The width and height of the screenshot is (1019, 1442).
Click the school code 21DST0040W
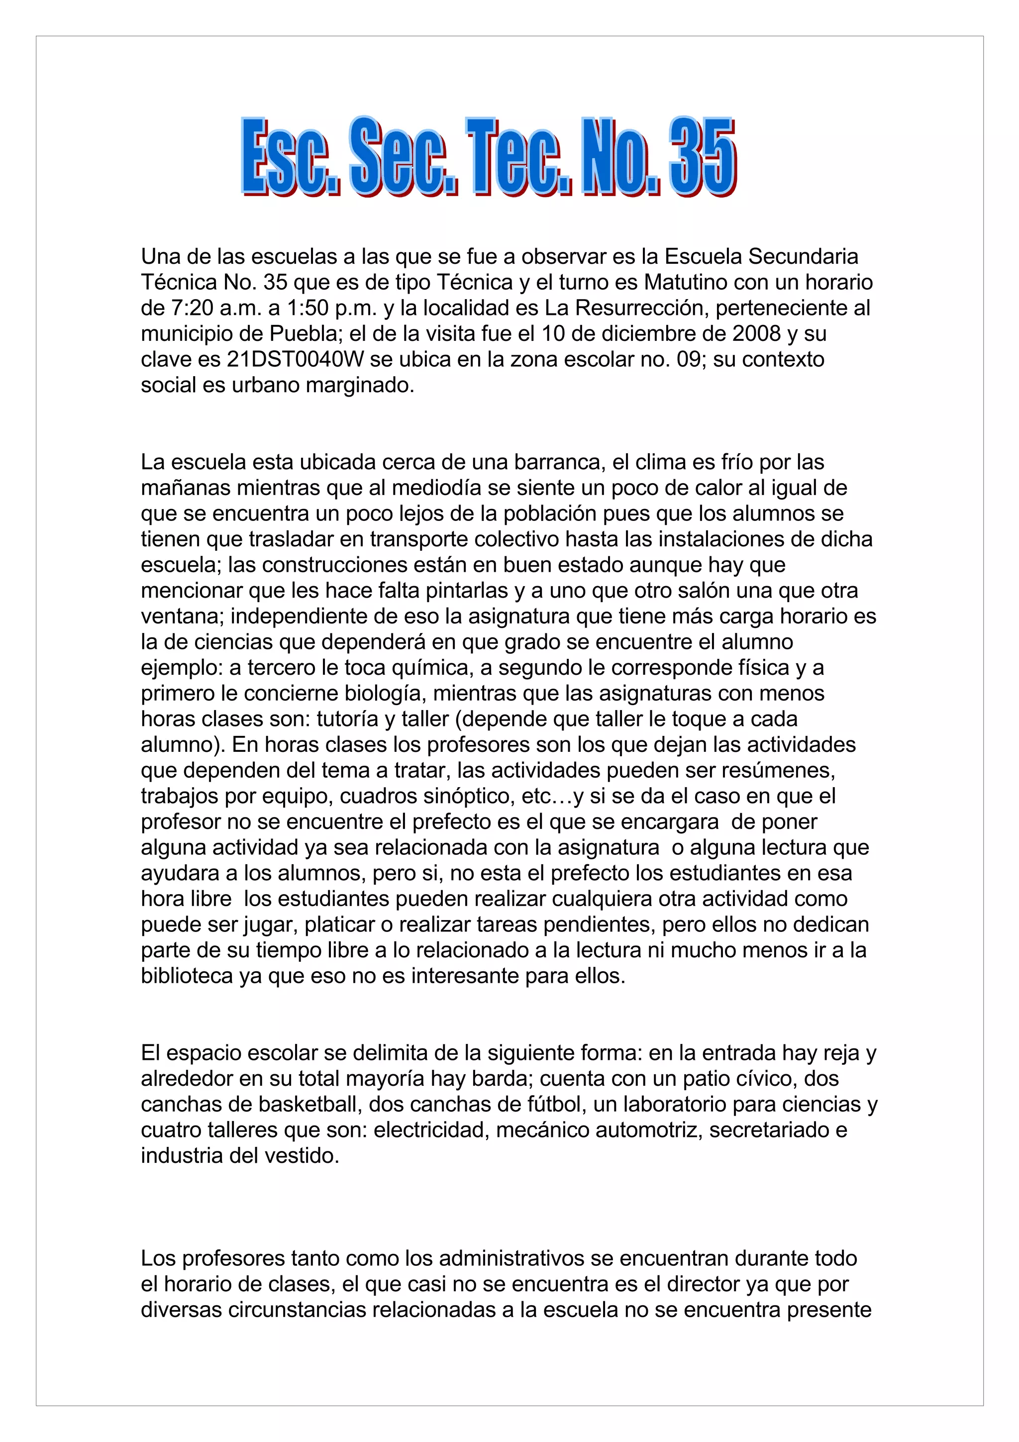point(295,359)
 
